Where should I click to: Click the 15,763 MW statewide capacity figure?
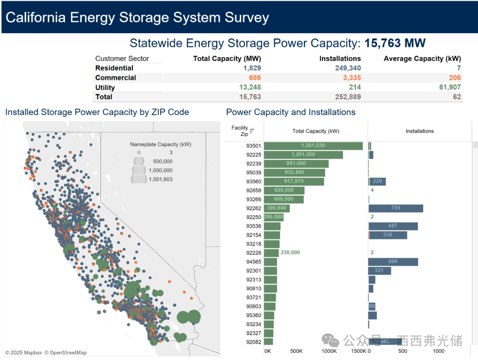coord(395,43)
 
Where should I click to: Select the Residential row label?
coord(114,68)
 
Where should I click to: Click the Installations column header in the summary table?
coord(340,58)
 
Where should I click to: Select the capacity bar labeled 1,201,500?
coord(304,155)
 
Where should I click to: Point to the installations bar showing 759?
coord(396,208)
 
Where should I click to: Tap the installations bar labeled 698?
coord(393,262)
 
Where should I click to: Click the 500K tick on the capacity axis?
coord(296,351)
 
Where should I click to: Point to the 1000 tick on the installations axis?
coord(438,351)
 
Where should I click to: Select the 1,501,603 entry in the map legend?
coord(161,179)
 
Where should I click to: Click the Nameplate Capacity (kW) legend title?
coord(161,144)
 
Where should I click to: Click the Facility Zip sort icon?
coord(252,131)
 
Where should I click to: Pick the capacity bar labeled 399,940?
coord(275,208)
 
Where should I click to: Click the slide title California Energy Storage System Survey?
coord(137,18)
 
